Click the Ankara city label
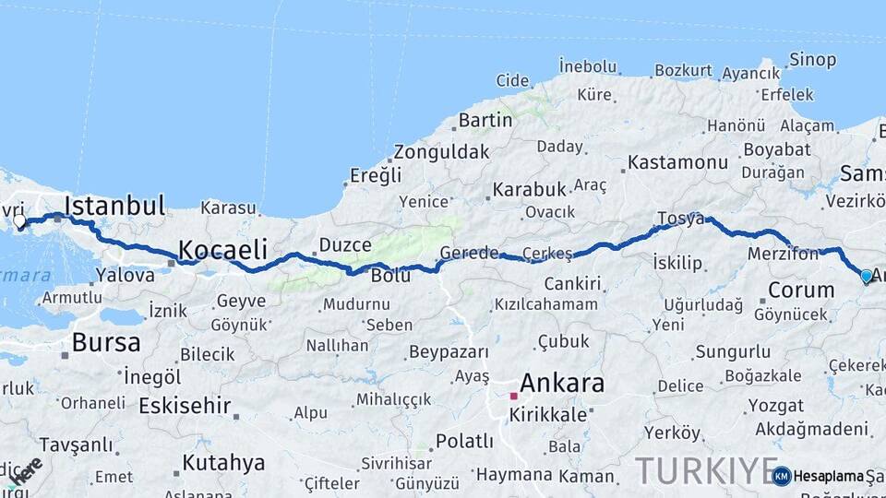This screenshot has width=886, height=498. coord(562,383)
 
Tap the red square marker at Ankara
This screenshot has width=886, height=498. coord(514,396)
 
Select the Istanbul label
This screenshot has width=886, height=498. coord(114,206)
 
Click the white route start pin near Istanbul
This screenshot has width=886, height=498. coord(19,220)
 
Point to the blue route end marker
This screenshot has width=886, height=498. coord(866,276)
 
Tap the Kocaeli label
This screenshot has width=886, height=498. coord(222,250)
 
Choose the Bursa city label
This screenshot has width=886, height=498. coord(106,343)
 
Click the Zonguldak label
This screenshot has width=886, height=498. coord(441,152)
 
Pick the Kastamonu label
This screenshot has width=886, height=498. coord(678,163)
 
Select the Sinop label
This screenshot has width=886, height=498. coord(812,60)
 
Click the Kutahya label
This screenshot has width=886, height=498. coord(224,463)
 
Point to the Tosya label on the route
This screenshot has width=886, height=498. coord(680,219)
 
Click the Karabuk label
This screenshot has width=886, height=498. coord(529,189)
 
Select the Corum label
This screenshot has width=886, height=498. coord(801,290)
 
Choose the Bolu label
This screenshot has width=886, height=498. coord(390,276)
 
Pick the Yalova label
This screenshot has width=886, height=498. coord(125,275)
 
